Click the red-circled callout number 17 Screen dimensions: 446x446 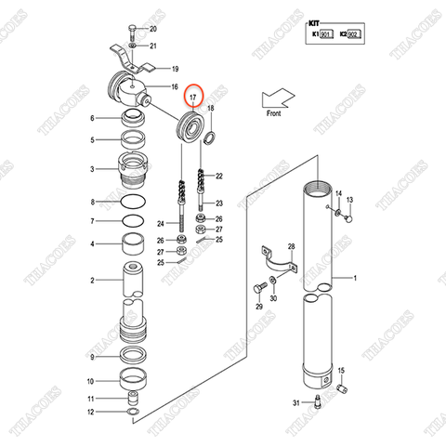pos(192,97)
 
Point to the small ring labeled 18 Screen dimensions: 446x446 pos(211,138)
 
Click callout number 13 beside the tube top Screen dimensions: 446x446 pos(350,201)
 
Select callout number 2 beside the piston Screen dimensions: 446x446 pos(92,280)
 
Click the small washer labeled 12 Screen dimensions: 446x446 pos(133,411)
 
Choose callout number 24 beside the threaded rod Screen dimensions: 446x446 pos(161,224)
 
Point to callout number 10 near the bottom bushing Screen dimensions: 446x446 pos(90,381)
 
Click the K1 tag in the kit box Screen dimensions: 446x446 pos(319,35)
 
